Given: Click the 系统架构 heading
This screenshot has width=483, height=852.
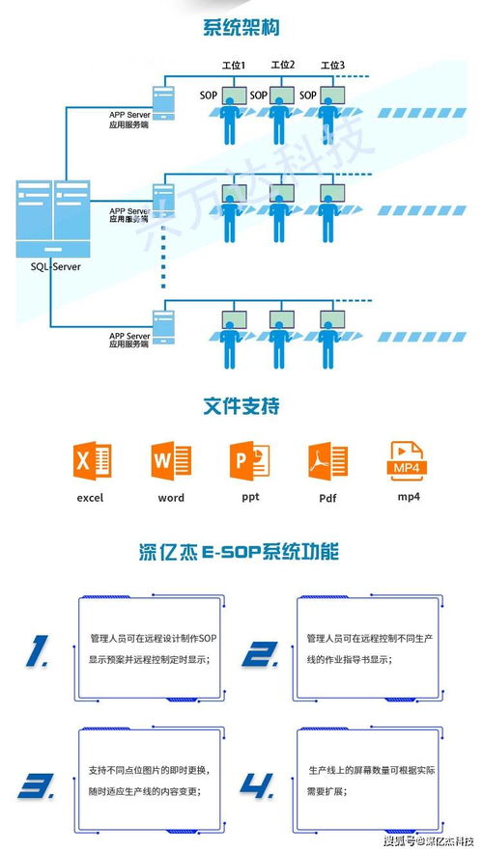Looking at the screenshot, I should pyautogui.click(x=241, y=28).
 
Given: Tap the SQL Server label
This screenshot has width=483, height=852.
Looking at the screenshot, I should pyautogui.click(x=54, y=266).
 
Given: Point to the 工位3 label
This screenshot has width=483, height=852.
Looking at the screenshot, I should pyautogui.click(x=331, y=66).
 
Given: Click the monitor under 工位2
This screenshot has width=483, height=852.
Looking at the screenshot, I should pyautogui.click(x=281, y=96).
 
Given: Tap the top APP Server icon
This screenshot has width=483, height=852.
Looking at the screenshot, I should pyautogui.click(x=164, y=97).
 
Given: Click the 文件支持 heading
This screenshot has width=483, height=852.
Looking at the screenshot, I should pyautogui.click(x=241, y=406).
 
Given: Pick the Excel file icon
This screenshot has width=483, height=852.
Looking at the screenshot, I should pyautogui.click(x=92, y=461).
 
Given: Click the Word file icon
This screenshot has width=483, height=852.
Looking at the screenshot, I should pyautogui.click(x=171, y=461).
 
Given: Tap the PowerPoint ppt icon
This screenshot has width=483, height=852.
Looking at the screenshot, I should pyautogui.click(x=249, y=461).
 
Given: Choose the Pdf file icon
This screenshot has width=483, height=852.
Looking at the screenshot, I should pyautogui.click(x=327, y=461).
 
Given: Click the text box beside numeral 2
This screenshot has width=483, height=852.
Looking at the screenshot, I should pyautogui.click(x=367, y=650).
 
